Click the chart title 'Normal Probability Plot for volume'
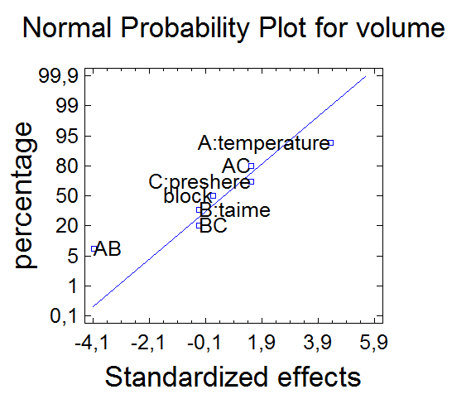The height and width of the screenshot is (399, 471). tap(233, 28)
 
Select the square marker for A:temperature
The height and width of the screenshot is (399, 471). tap(331, 143)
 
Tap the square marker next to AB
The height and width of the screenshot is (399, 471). tap(94, 249)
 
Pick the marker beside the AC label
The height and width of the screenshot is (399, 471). tap(251, 166)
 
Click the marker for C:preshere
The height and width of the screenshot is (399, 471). tap(252, 182)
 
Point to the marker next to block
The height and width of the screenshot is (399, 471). tap(213, 196)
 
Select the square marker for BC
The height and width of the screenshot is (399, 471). tap(199, 225)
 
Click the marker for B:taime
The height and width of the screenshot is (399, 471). tap(199, 210)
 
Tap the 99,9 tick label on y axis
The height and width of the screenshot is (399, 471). tap(59, 77)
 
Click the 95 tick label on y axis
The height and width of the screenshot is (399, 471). tap(67, 137)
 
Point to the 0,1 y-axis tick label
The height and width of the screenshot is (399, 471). tap(64, 316)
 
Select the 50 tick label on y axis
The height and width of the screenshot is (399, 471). tap(67, 196)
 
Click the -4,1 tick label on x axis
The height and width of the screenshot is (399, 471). tap(92, 343)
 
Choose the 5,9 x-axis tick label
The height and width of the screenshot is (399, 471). tap(373, 343)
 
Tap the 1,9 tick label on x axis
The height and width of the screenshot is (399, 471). tap(262, 343)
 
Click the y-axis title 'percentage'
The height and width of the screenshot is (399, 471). tap(25, 195)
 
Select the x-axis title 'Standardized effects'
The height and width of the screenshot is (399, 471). tap(233, 377)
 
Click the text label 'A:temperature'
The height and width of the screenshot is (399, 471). tap(263, 143)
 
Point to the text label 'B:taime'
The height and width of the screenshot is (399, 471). tap(235, 210)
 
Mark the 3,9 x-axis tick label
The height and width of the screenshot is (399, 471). tap(318, 343)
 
